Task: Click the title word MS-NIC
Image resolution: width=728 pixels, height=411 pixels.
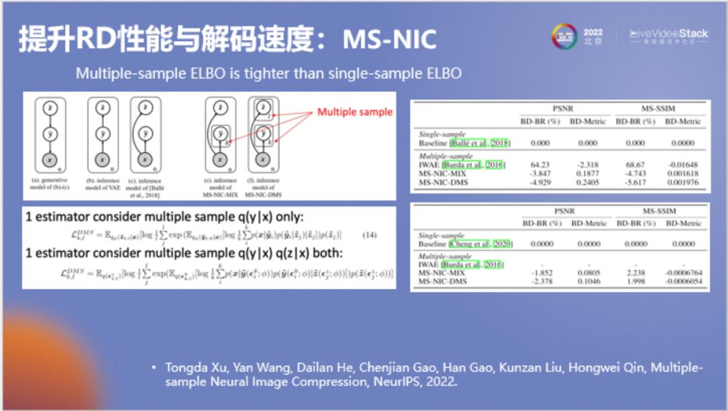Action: pos(390,40)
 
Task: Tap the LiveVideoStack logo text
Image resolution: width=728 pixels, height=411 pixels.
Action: pos(669,33)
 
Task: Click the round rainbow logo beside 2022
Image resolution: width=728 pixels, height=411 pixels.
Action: pos(564,36)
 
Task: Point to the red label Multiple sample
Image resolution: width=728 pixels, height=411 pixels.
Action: pos(355,112)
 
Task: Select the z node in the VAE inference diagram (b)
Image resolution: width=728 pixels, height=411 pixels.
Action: pos(100,109)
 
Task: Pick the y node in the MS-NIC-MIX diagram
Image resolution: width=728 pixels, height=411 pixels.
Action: pos(219,135)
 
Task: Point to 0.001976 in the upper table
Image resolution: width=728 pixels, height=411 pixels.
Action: pos(683,182)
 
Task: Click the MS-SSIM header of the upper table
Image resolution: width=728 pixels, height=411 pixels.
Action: pos(659,108)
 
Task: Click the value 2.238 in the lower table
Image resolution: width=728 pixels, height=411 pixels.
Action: pos(635,273)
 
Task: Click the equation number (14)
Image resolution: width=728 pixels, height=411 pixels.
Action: pos(369,235)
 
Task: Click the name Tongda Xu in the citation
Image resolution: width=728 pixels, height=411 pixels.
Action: pos(195,368)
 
